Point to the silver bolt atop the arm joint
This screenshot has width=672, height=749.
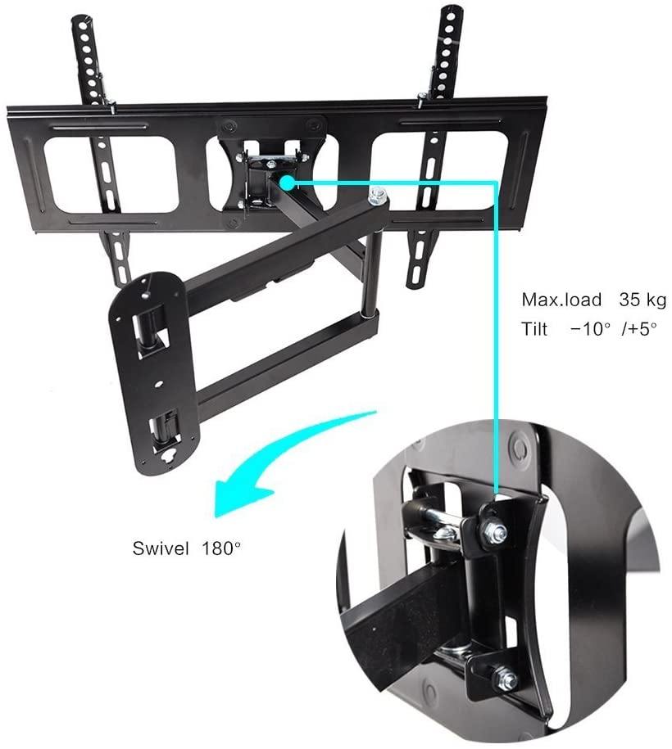coord(379,196)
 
